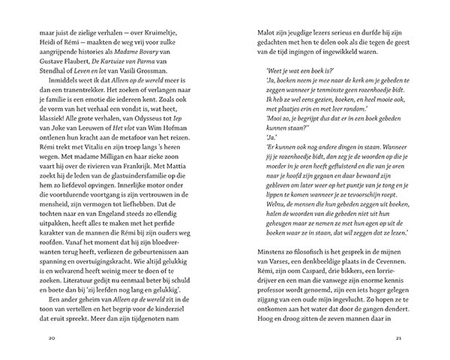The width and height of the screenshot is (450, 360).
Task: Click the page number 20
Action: pos(51,337)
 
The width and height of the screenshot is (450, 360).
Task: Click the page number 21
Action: pos(398,337)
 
